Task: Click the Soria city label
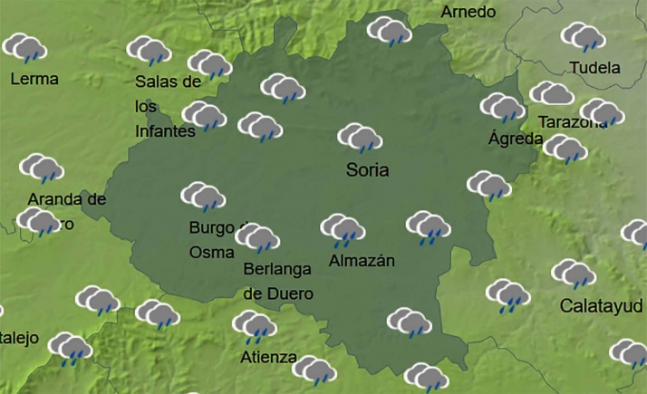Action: click(x=367, y=169)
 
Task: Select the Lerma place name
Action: click(x=34, y=79)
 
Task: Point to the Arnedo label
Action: click(x=468, y=12)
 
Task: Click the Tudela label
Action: click(x=595, y=68)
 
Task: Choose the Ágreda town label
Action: click(x=516, y=139)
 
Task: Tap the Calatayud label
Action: click(x=601, y=305)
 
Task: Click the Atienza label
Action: click(x=268, y=356)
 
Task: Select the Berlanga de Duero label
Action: click(x=278, y=281)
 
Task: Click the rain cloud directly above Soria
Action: click(x=360, y=138)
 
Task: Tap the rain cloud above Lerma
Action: click(x=25, y=46)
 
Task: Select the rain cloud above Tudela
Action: click(x=583, y=37)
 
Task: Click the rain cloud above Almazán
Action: click(x=343, y=230)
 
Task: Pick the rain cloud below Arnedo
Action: click(x=390, y=32)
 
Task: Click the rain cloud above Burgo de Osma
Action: click(x=203, y=196)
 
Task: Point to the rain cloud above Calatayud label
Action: click(x=574, y=274)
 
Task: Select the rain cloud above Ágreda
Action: click(x=502, y=107)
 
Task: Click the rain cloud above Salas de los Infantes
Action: click(x=149, y=50)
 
